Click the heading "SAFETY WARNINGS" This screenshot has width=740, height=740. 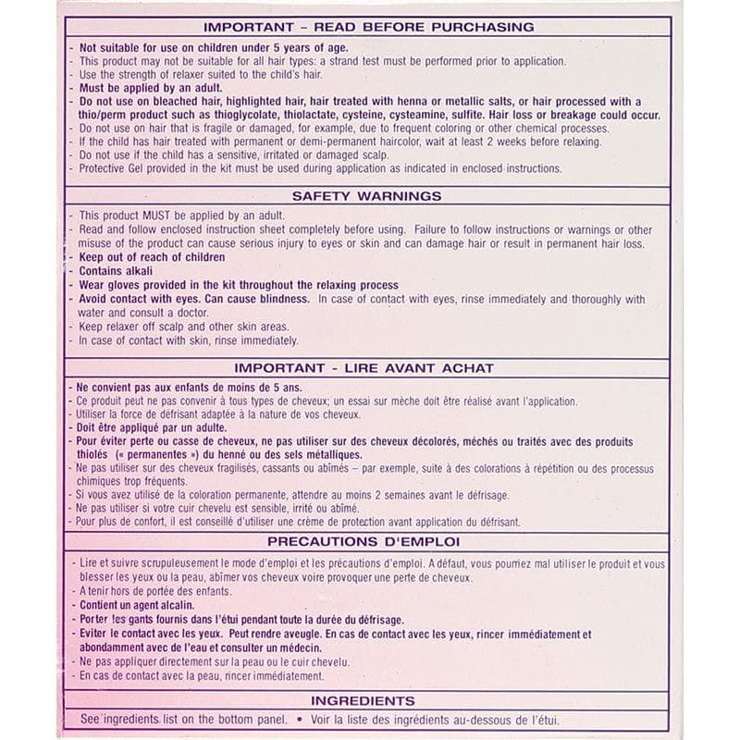click(366, 196)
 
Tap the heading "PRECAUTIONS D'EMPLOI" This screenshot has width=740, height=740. click(363, 541)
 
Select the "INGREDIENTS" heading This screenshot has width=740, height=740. click(363, 701)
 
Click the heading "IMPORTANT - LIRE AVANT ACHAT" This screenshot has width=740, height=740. click(364, 367)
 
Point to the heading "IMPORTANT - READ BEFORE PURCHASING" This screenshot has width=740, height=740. click(368, 28)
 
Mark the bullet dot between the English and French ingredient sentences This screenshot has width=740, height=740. click(299, 720)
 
